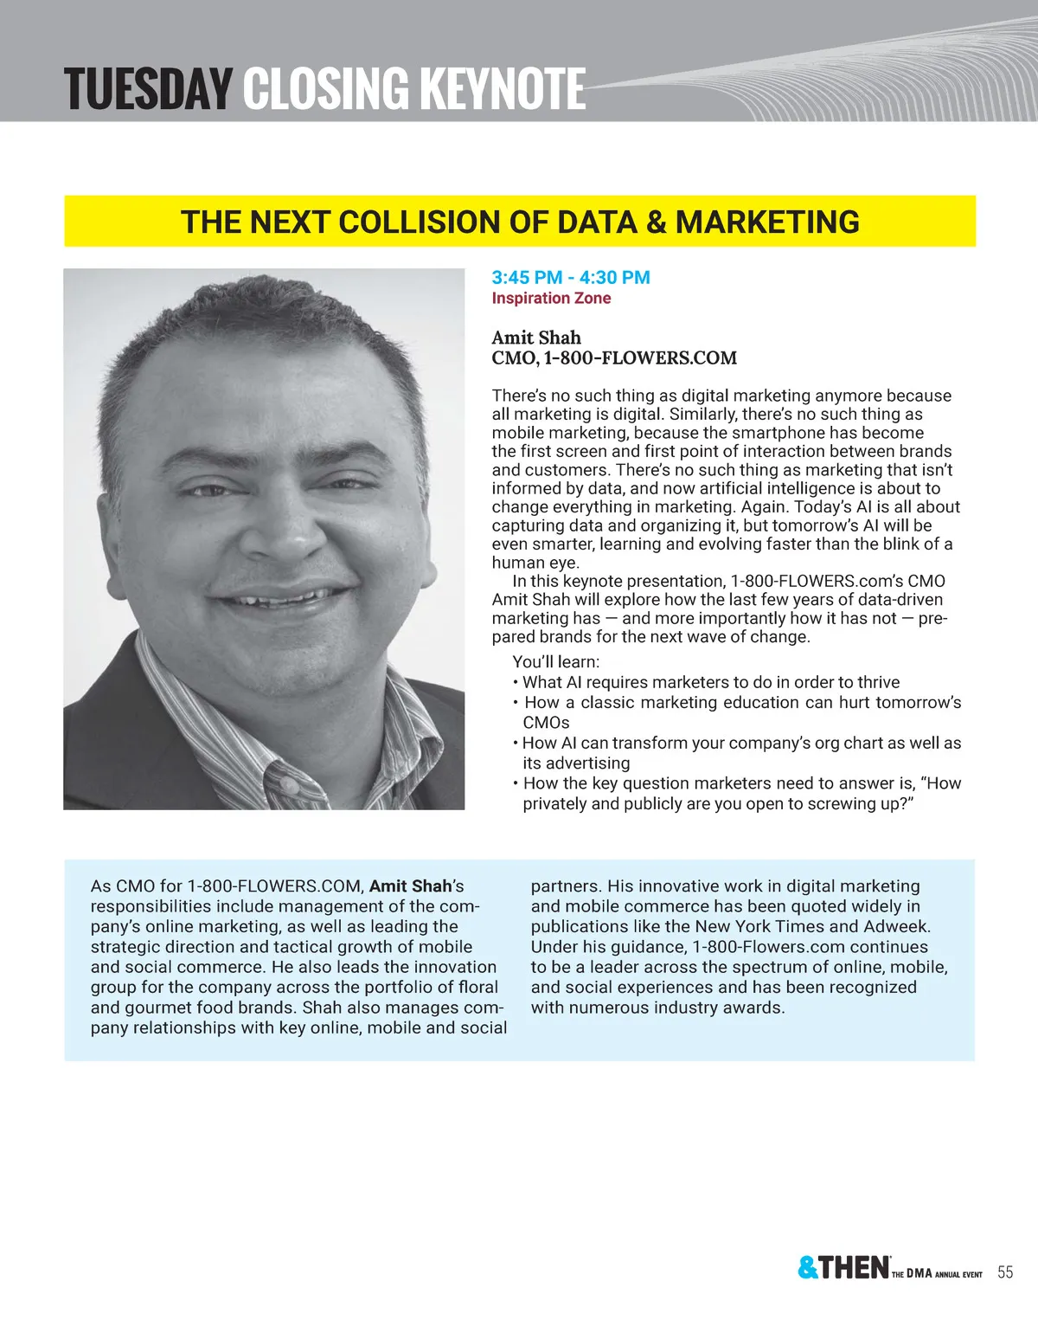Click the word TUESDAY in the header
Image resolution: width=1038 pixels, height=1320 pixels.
(148, 89)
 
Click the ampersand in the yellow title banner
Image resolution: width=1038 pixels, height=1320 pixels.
(657, 222)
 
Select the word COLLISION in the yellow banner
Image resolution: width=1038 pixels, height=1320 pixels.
(420, 222)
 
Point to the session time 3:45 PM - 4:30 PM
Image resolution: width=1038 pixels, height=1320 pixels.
(571, 278)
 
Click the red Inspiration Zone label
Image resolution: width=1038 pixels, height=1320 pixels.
(551, 299)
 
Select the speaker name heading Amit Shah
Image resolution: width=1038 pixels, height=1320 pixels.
(536, 338)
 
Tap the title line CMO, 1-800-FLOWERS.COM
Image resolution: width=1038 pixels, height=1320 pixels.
(614, 358)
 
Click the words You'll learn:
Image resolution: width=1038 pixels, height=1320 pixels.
(555, 662)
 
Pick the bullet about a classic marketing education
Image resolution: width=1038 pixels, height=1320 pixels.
(742, 703)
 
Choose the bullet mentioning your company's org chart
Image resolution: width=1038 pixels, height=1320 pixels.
(741, 744)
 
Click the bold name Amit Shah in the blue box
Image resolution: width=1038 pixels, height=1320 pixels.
(410, 886)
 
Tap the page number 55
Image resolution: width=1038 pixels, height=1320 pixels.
(1005, 1272)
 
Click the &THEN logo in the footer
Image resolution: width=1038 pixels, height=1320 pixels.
(843, 1268)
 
